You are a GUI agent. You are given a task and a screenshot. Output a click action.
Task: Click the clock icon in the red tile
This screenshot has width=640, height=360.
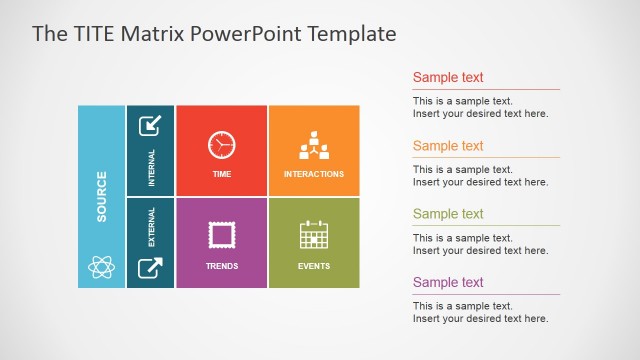tap(221, 145)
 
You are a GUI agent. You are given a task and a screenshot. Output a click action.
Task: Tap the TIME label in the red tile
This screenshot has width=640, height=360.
tap(221, 174)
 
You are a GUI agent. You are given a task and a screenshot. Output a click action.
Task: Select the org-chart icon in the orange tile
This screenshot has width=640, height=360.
tap(313, 145)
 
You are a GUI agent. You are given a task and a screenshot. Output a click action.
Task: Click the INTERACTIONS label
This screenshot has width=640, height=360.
tap(313, 174)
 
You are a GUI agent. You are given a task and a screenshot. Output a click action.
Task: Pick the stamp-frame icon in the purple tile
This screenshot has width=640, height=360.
tap(221, 235)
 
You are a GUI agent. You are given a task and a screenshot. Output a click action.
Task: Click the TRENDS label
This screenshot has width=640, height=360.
tap(221, 266)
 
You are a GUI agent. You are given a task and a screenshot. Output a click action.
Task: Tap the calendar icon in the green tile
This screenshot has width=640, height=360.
tap(313, 235)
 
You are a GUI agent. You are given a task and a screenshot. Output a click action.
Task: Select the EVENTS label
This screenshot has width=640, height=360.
tap(313, 266)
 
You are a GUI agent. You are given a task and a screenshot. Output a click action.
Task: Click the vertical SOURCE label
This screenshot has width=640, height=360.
tap(101, 197)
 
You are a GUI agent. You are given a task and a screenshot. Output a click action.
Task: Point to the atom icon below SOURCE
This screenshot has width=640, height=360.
tap(101, 266)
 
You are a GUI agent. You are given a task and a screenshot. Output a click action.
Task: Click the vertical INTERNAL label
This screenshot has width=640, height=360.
tap(151, 168)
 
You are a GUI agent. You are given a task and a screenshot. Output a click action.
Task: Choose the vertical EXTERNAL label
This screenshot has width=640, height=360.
tap(151, 227)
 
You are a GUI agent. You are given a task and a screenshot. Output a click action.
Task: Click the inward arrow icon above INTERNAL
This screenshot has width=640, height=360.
tap(150, 126)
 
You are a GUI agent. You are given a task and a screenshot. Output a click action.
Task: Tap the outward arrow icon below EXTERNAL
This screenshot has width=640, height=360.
tap(150, 267)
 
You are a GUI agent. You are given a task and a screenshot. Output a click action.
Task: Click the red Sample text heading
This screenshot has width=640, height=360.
tap(448, 77)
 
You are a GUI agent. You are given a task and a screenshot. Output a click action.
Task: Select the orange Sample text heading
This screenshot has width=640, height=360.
tap(448, 146)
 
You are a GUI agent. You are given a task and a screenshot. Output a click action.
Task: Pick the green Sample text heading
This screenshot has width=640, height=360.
tap(448, 214)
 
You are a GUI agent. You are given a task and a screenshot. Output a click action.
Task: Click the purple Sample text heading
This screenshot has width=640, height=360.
tap(448, 282)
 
